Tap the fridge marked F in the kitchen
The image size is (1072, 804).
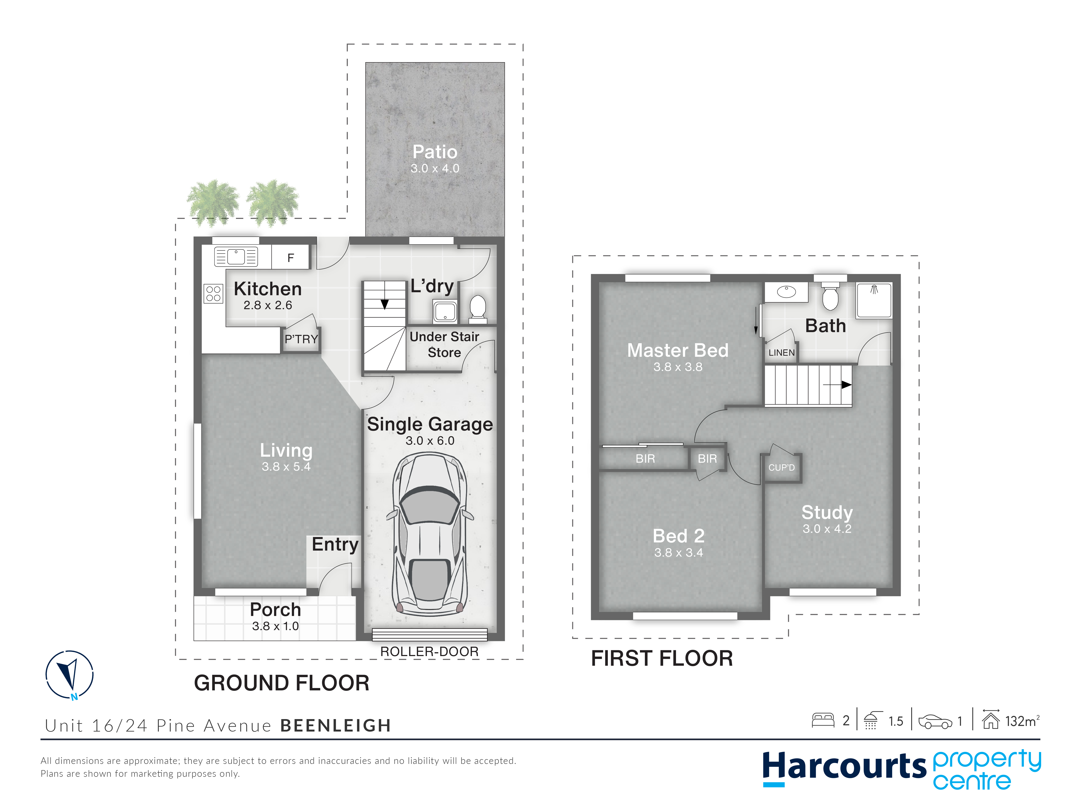[x=290, y=257]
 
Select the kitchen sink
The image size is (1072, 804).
[x=236, y=256]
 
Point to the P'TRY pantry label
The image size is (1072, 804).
[x=301, y=339]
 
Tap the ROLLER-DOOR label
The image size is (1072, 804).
[x=429, y=652]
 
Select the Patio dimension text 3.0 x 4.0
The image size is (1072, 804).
[x=435, y=169]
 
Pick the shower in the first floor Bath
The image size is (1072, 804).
[x=874, y=300]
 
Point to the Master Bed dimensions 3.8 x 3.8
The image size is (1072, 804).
[x=678, y=367]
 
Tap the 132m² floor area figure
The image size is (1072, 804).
[x=1022, y=721]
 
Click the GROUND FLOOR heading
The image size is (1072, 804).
[x=282, y=683]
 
